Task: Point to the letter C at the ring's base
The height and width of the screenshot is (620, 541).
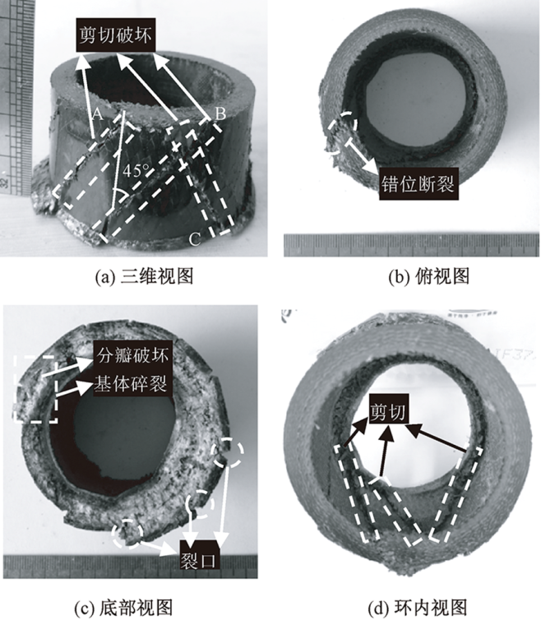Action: (x=194, y=239)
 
